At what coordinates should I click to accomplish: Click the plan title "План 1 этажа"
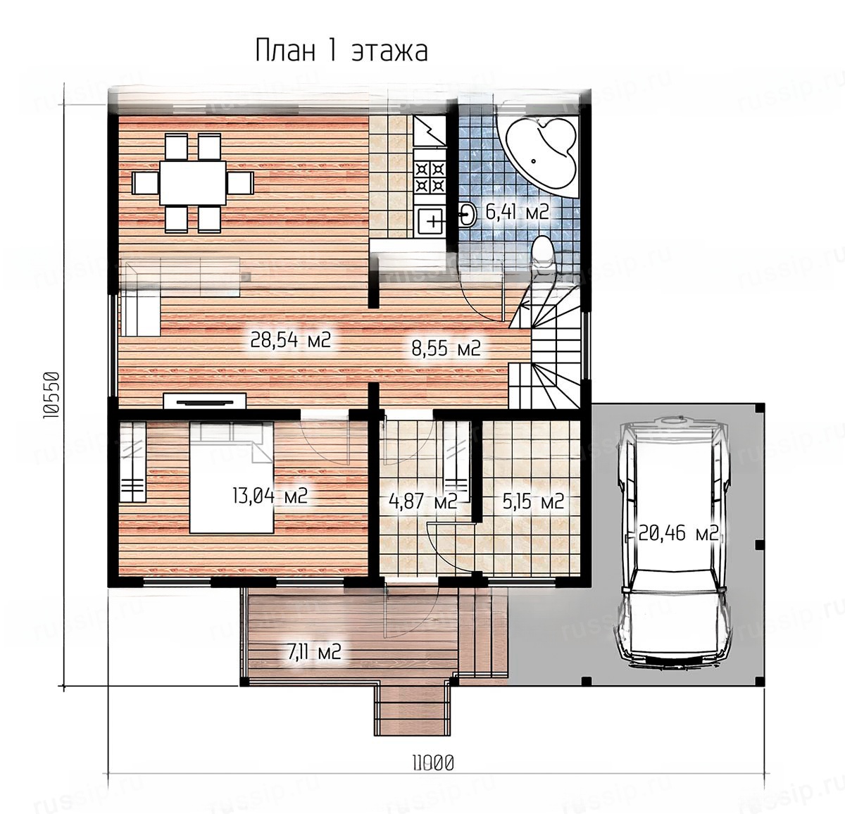(342, 51)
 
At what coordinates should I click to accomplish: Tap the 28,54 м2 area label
(291, 339)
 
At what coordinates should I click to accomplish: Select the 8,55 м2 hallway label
(446, 348)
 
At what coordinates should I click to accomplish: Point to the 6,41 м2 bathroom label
(517, 212)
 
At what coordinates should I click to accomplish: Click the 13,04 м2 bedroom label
(270, 495)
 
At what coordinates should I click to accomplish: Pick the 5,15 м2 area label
(533, 501)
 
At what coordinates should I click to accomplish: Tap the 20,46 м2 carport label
(677, 533)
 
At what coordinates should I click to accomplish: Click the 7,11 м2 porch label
(314, 651)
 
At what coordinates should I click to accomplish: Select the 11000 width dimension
(433, 763)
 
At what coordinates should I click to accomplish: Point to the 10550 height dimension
(51, 395)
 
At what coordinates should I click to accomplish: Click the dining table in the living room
(193, 183)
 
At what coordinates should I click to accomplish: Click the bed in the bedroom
(232, 477)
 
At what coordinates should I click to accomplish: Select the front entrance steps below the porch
(412, 709)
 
